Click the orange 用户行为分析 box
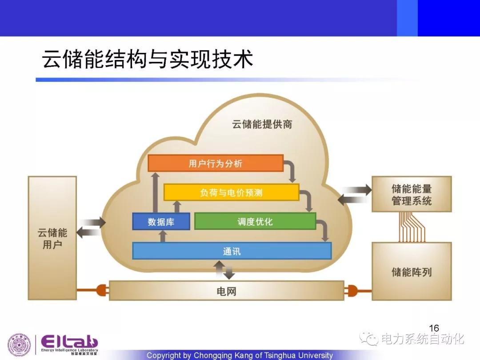point(216,163)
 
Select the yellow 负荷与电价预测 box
point(231,192)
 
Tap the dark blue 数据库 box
point(161,221)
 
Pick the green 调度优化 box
point(255,221)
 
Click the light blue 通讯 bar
point(232,251)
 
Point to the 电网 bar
point(227,291)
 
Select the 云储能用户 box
point(52,238)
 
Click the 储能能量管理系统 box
point(412,194)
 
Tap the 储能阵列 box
point(412,272)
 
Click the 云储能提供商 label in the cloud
point(262,124)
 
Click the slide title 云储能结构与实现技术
point(148,59)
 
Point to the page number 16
point(434,328)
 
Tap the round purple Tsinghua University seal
point(19,345)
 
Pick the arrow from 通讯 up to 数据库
point(163,236)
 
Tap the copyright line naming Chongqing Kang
point(240,356)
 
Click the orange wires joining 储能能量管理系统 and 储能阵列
point(412,227)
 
